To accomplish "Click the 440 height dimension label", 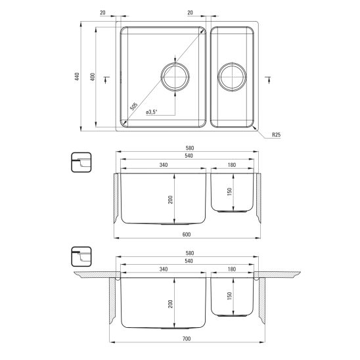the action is pyautogui.click(x=77, y=76).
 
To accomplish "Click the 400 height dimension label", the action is pyautogui.click(x=93, y=76).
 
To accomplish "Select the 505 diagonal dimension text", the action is pyautogui.click(x=134, y=106).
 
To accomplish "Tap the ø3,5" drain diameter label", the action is pyautogui.click(x=152, y=112).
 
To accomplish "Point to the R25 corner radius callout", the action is pyautogui.click(x=276, y=135).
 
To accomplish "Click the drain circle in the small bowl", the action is pyautogui.click(x=232, y=62).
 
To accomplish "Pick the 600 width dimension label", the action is pyautogui.click(x=187, y=235).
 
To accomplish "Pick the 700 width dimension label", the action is pyautogui.click(x=187, y=338).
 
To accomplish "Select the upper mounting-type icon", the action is pyautogui.click(x=81, y=162).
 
